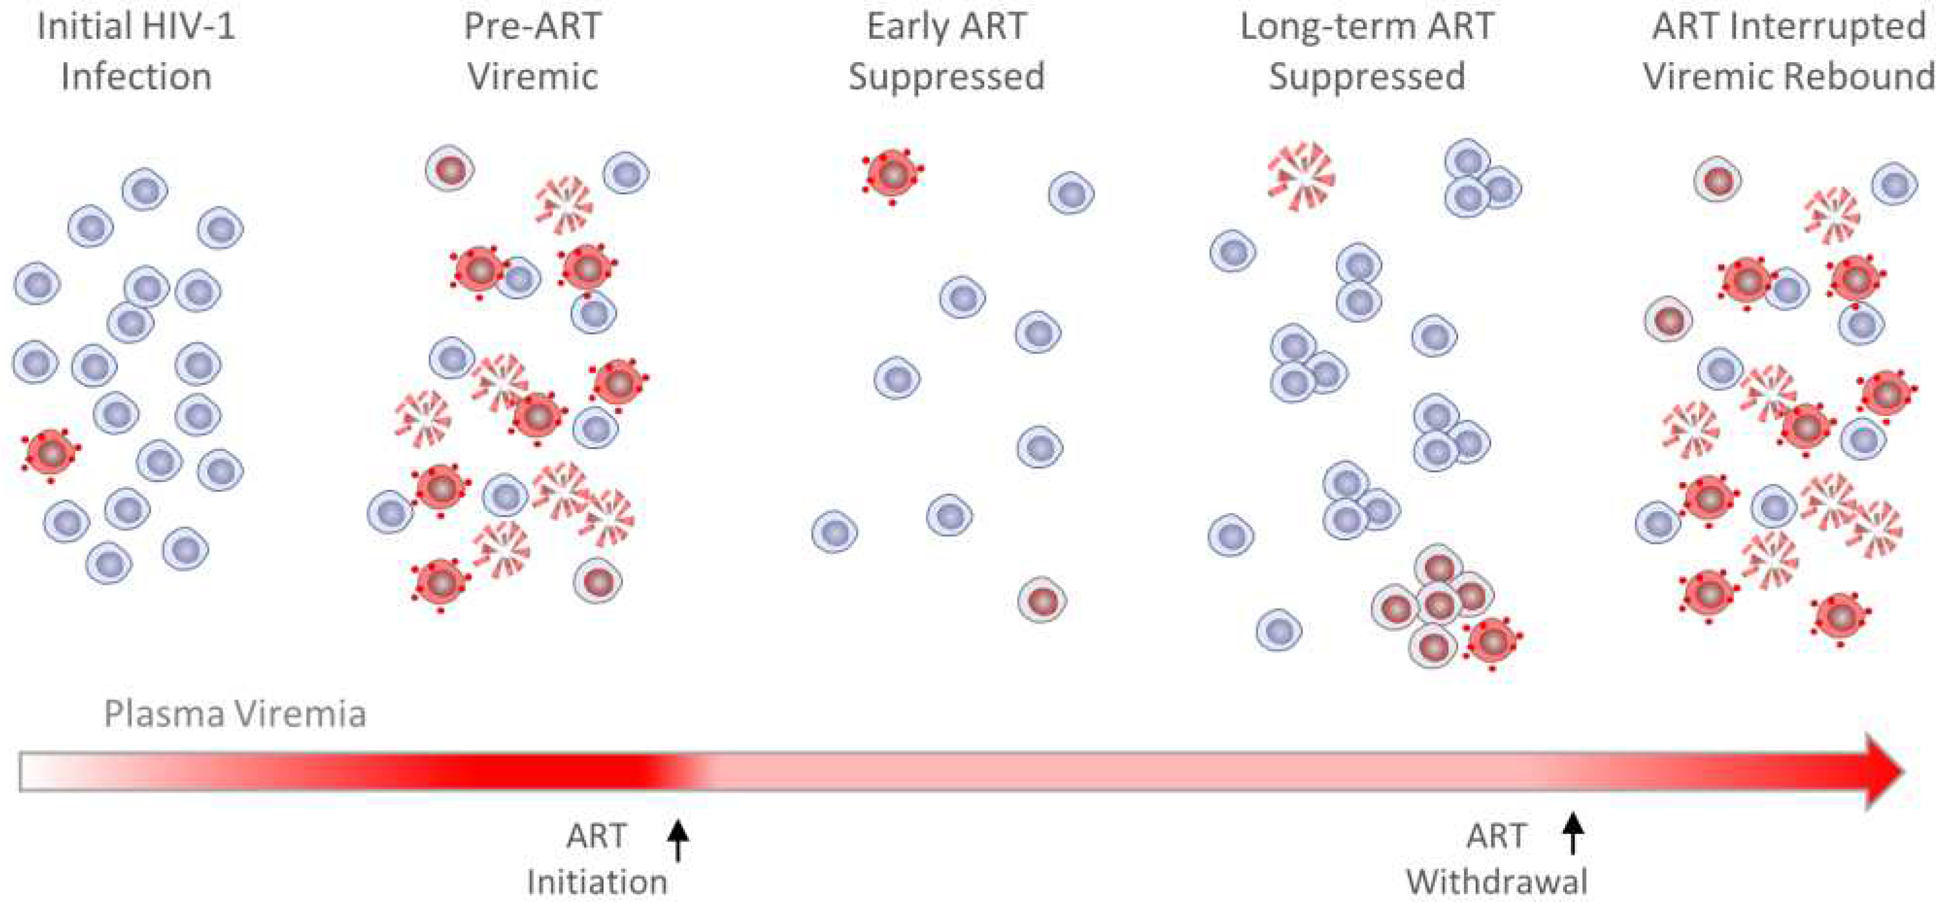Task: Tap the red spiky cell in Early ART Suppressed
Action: point(892,174)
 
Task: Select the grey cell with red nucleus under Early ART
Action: point(1042,600)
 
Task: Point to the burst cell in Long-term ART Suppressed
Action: point(1300,177)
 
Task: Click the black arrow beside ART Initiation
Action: point(678,840)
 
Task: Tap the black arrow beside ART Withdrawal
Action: point(1573,833)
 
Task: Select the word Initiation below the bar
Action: point(596,882)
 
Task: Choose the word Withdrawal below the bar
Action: point(1496,882)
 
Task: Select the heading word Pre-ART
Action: point(532,27)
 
